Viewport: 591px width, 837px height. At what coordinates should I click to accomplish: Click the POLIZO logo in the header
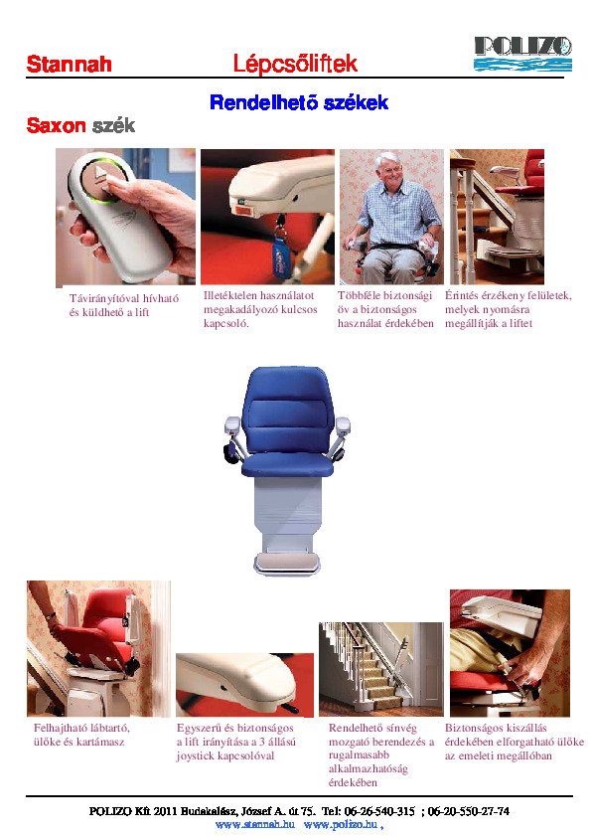[x=522, y=53]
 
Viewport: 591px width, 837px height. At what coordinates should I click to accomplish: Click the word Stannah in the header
[x=69, y=66]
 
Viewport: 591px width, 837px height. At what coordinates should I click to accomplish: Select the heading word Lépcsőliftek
[x=294, y=65]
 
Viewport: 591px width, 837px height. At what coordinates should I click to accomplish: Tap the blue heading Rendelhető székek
[x=298, y=103]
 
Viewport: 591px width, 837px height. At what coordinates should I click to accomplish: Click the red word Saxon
[x=57, y=127]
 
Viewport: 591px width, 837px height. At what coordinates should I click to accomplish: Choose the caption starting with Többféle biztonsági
[x=385, y=309]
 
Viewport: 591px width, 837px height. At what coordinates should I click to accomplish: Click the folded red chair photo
[x=98, y=648]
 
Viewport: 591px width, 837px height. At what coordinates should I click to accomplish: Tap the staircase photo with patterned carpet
[x=380, y=669]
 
